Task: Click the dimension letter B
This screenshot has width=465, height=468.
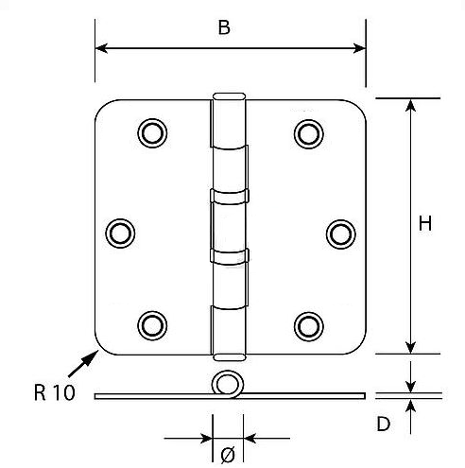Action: [224, 27]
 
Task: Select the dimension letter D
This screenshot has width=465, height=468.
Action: [383, 424]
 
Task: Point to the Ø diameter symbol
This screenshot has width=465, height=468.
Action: [227, 456]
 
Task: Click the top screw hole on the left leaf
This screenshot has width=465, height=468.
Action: [150, 133]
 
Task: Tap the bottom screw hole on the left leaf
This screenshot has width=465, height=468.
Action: [150, 325]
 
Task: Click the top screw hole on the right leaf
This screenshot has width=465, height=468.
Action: [306, 133]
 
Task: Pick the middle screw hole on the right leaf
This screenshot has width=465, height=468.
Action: [339, 232]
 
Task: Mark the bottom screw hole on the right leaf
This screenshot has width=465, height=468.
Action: [306, 325]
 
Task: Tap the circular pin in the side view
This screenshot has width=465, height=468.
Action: [226, 384]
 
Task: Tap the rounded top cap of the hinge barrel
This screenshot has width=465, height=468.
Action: [227, 97]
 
